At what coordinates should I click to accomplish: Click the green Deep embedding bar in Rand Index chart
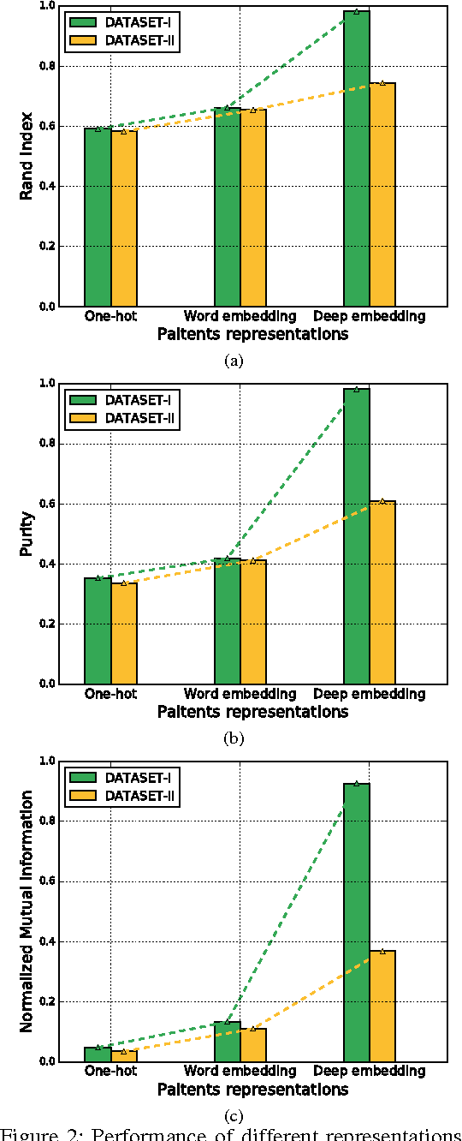pyautogui.click(x=357, y=158)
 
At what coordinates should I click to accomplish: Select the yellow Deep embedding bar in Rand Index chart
pyautogui.click(x=382, y=194)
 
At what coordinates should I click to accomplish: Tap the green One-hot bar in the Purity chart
pyautogui.click(x=98, y=630)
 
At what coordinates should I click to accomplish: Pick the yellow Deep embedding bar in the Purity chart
pyautogui.click(x=382, y=592)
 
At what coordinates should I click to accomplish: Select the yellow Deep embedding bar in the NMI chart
pyautogui.click(x=382, y=1006)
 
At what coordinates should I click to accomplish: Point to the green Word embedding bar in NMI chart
pyautogui.click(x=227, y=1041)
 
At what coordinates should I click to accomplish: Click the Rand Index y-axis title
pyautogui.click(x=27, y=156)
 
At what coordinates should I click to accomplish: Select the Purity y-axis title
pyautogui.click(x=27, y=534)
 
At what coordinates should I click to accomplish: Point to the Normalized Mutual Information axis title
pyautogui.click(x=27, y=911)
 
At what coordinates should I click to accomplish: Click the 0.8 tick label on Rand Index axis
pyautogui.click(x=45, y=66)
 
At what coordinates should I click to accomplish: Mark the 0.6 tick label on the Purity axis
pyautogui.click(x=45, y=504)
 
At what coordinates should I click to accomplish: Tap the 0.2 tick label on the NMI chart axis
pyautogui.click(x=45, y=1001)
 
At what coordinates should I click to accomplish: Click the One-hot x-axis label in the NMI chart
pyautogui.click(x=110, y=1071)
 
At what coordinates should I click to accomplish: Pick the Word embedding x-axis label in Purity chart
pyautogui.click(x=240, y=693)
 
